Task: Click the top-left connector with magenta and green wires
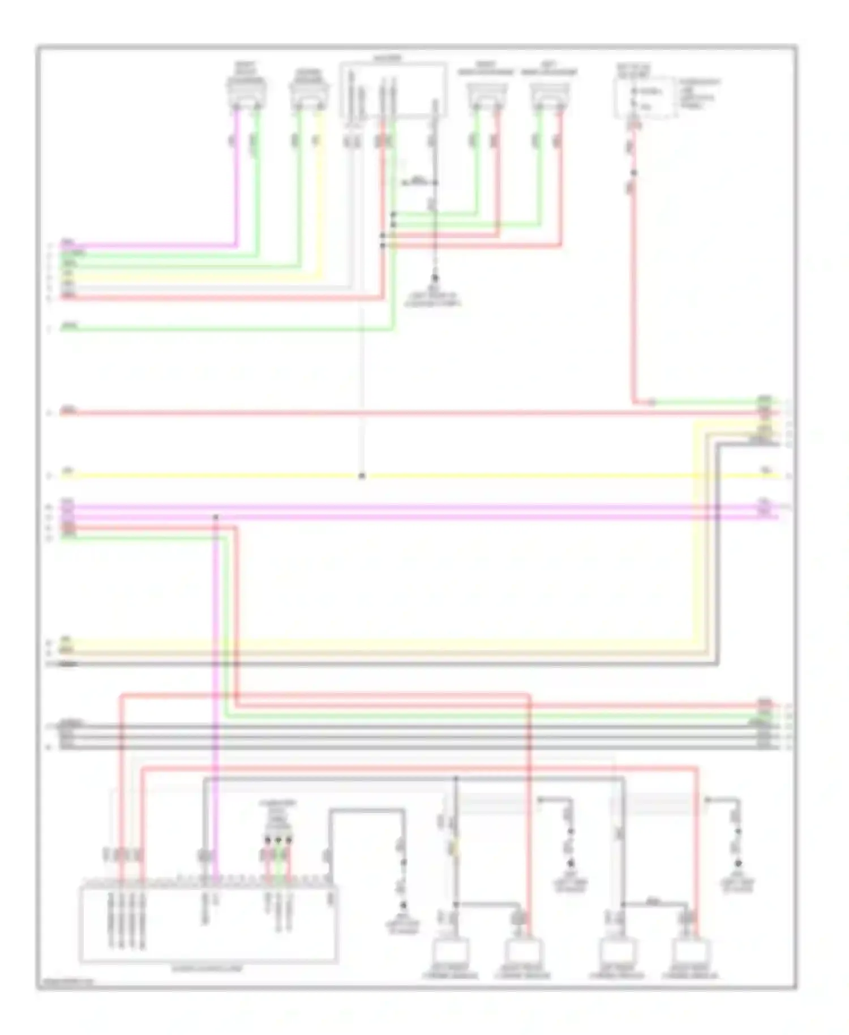click(x=246, y=91)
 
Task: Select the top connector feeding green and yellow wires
click(x=309, y=91)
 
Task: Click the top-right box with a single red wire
click(x=645, y=97)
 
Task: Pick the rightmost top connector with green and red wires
click(x=550, y=93)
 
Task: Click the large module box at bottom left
click(x=208, y=925)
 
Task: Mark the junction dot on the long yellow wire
click(x=362, y=476)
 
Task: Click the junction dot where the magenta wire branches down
click(x=215, y=517)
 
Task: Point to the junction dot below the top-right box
click(x=633, y=173)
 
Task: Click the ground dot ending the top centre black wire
click(x=435, y=278)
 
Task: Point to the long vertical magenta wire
click(x=215, y=679)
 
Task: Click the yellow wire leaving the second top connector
click(x=321, y=193)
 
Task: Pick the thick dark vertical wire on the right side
click(x=718, y=555)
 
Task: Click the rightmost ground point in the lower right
click(x=738, y=865)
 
